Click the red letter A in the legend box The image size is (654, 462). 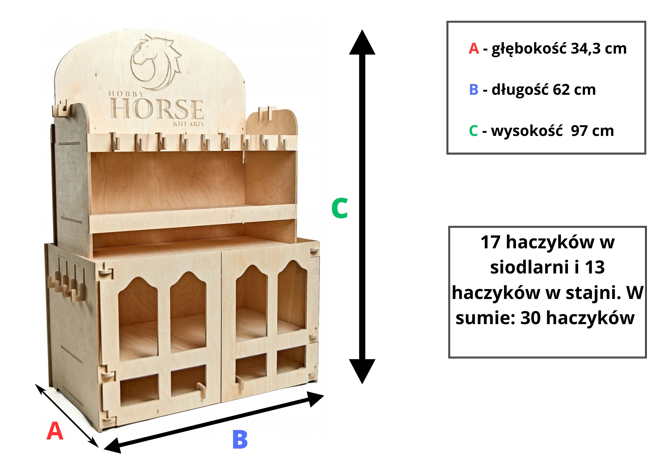(473, 49)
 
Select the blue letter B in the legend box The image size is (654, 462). (473, 90)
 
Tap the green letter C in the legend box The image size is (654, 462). (473, 131)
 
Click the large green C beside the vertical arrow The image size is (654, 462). (339, 208)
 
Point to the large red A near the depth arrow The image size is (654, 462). (55, 431)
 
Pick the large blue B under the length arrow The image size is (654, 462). (240, 440)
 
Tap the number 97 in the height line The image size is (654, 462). (579, 131)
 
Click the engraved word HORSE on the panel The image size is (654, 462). (157, 109)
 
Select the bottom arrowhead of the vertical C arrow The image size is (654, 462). (362, 371)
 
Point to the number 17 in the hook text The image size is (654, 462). (490, 242)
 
